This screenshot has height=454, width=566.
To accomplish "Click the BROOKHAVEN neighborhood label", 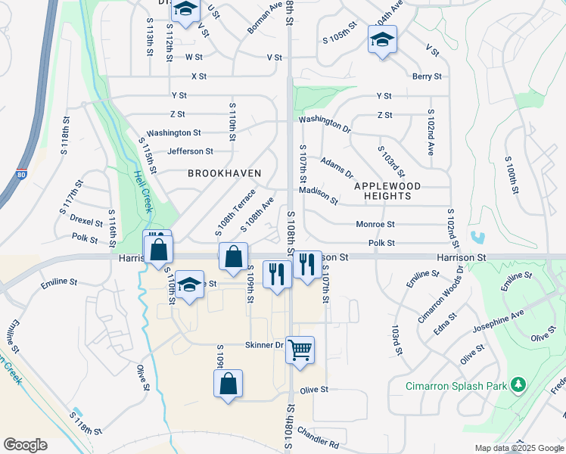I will (x=225, y=173).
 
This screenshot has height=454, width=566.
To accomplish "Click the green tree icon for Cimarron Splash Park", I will (x=518, y=385).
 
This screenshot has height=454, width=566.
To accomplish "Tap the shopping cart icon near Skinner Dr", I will (x=300, y=350).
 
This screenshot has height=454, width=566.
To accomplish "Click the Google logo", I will (x=25, y=445).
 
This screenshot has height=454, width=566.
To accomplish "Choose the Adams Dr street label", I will (x=336, y=168).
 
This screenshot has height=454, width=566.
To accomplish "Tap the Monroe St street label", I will (x=375, y=224).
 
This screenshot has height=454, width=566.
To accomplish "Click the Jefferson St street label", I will (x=190, y=151).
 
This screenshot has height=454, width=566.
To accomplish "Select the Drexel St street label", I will (x=86, y=222).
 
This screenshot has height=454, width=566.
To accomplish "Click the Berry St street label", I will (x=427, y=76).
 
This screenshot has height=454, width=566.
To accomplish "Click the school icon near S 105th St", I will (x=382, y=39).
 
